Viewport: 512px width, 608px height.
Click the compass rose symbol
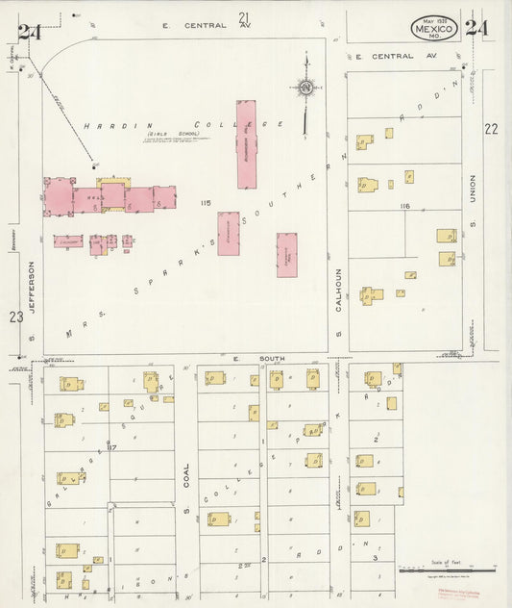(x=305, y=89)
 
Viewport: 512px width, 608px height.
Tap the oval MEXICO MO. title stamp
(x=433, y=29)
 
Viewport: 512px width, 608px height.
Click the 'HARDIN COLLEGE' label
(x=183, y=125)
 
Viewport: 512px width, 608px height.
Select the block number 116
(x=403, y=206)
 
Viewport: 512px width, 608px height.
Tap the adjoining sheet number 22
(x=492, y=128)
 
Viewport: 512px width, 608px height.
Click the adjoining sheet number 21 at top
(x=244, y=16)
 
